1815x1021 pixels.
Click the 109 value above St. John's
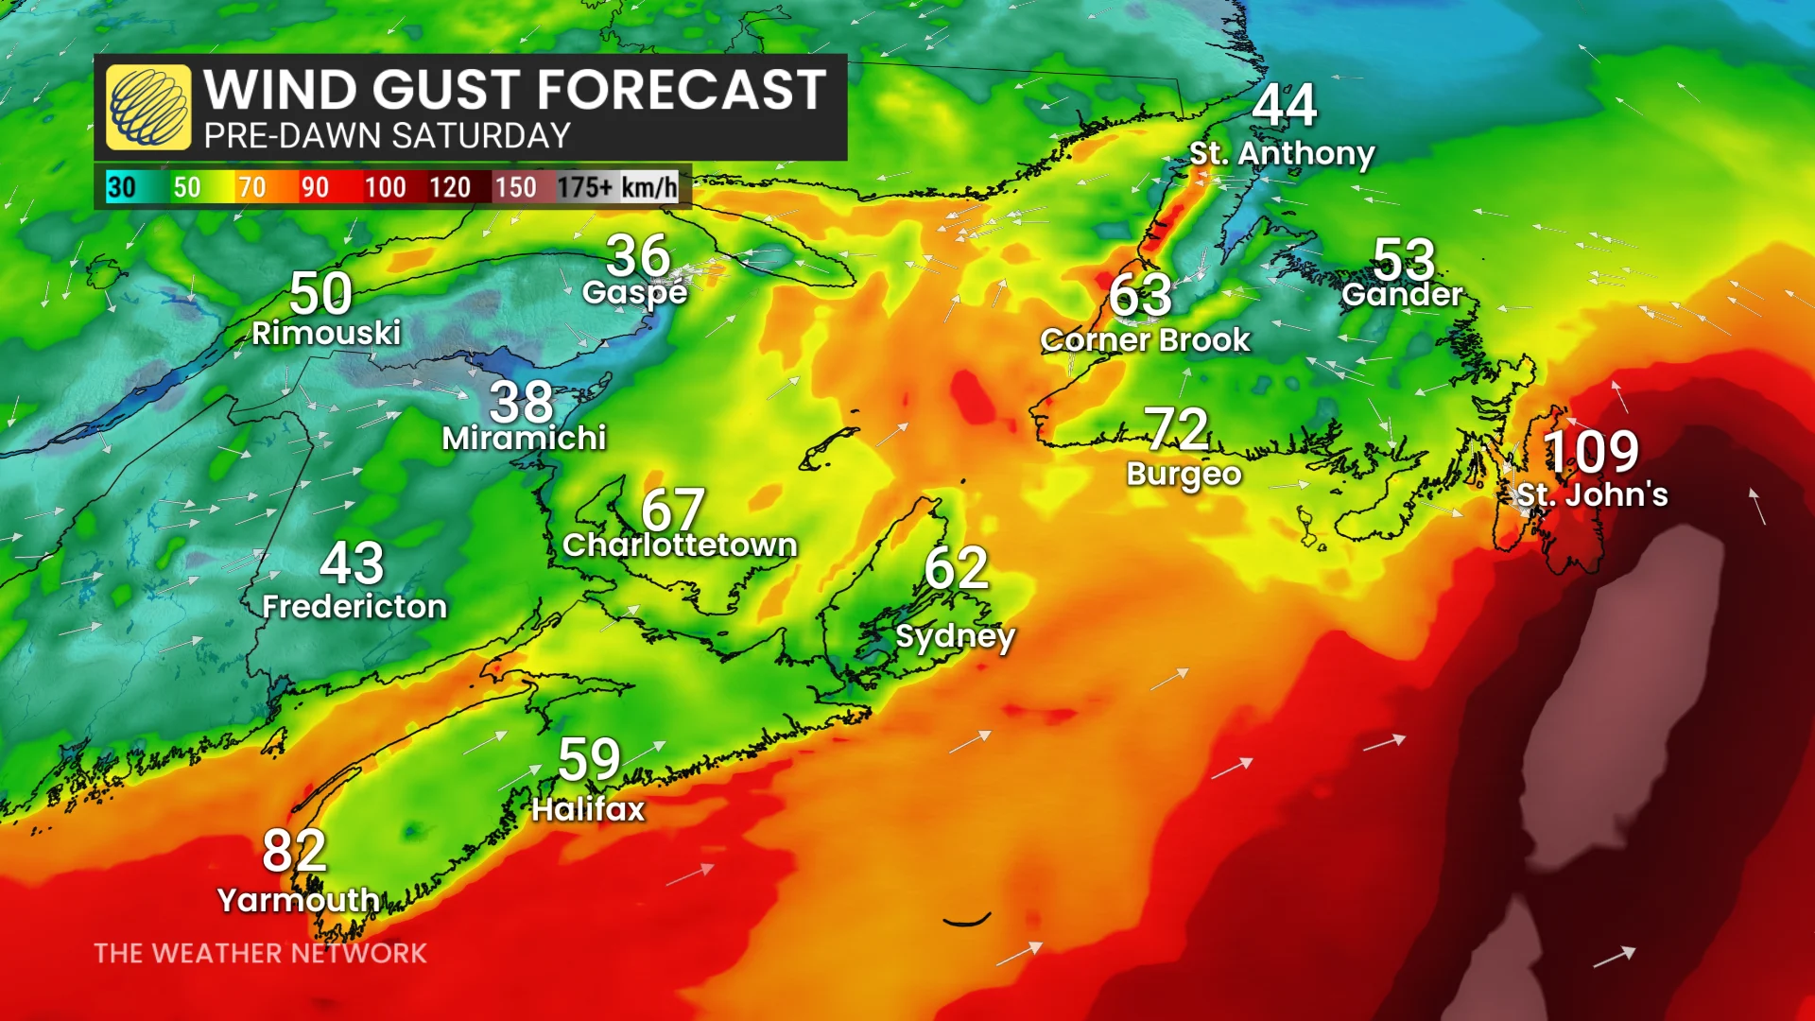click(x=1592, y=452)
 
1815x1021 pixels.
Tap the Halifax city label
click(x=588, y=809)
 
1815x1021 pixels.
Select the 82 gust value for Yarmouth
click(x=294, y=851)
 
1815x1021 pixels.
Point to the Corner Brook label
click(x=1145, y=340)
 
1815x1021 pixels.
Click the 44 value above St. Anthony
click(x=1284, y=105)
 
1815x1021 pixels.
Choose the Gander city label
click(x=1402, y=295)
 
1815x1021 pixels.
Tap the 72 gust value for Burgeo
click(x=1177, y=430)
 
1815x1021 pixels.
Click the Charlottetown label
click(x=680, y=545)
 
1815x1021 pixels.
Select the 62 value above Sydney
click(x=956, y=569)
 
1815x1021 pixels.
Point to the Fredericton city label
click(x=354, y=607)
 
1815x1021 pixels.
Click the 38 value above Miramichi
click(x=521, y=403)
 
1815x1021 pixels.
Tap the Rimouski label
click(x=326, y=333)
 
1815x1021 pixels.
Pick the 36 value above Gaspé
click(x=638, y=256)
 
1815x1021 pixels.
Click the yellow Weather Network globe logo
click(x=148, y=108)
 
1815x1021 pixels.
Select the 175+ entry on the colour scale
click(x=584, y=187)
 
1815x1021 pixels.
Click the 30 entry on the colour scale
click(x=121, y=187)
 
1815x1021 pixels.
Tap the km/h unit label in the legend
click(x=649, y=187)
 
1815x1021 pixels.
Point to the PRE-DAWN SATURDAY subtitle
click(x=387, y=136)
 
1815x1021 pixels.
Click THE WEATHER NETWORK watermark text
click(x=260, y=953)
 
